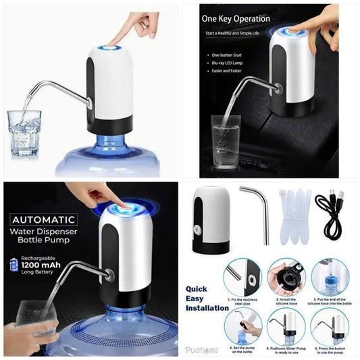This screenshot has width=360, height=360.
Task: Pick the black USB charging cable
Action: pos(333,213)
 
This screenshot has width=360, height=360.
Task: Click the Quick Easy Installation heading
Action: pos(207,298)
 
